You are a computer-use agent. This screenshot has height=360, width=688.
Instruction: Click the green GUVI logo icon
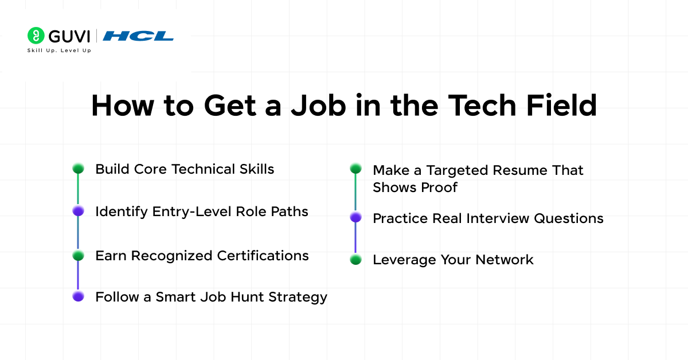36,36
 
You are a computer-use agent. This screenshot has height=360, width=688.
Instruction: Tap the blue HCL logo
138,36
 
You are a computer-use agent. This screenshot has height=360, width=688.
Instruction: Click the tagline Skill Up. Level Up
59,50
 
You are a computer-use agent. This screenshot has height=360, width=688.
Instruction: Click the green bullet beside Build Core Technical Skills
78,169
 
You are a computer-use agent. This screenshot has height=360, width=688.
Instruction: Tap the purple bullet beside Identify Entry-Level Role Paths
78,211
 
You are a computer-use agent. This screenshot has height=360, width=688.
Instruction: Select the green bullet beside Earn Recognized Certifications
78,255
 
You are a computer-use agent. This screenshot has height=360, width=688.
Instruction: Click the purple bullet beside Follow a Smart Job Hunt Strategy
78,296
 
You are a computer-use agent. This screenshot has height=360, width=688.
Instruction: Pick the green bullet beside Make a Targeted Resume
355,169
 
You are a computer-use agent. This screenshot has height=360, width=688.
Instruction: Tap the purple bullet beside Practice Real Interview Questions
355,217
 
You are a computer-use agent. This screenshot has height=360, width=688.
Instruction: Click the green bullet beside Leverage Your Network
355,260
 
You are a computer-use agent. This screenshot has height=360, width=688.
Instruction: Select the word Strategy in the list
299,298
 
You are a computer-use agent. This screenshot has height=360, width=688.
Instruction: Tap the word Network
505,260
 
